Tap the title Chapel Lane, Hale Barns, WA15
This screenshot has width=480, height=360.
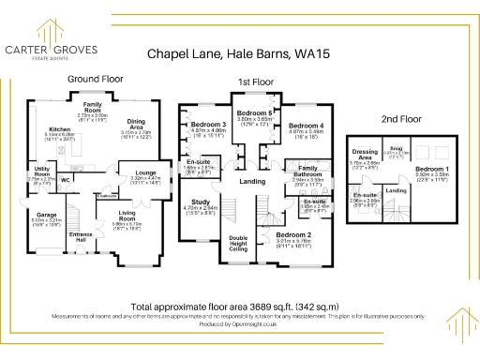pos(240,55)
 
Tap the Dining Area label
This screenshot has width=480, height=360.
pos(136,122)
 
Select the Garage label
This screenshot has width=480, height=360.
pos(46,215)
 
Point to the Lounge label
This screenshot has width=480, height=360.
pos(144,172)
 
